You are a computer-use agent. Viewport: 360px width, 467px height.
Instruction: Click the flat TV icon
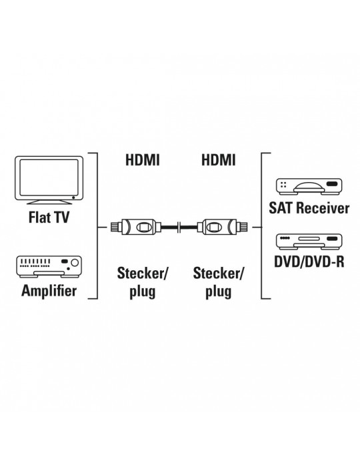click(49, 180)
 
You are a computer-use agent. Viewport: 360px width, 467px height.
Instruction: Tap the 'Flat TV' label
click(49, 217)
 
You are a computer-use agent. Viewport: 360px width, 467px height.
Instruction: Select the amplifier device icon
click(49, 267)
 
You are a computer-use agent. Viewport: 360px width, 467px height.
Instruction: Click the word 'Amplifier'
click(49, 290)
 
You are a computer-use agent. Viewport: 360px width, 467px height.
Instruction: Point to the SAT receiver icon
click(309, 186)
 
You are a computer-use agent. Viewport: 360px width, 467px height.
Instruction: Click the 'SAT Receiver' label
click(309, 208)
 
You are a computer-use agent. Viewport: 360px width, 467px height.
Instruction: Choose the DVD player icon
click(309, 242)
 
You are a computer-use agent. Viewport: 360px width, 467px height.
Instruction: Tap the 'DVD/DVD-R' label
click(309, 262)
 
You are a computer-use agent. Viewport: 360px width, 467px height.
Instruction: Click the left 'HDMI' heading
click(143, 160)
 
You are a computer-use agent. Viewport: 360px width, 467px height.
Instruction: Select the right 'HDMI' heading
click(219, 160)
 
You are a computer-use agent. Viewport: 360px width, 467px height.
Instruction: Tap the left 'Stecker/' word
click(143, 274)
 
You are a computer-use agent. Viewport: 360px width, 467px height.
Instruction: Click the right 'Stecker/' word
click(219, 274)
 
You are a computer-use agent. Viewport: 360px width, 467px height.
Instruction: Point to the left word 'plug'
click(143, 292)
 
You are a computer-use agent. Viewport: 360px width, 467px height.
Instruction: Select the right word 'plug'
click(219, 292)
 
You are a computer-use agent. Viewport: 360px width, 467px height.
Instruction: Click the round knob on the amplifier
click(75, 262)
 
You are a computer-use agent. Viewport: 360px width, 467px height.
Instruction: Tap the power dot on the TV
click(73, 197)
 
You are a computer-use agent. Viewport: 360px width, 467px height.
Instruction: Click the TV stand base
click(49, 203)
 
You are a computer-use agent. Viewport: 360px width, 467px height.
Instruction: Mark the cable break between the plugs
click(179, 227)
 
